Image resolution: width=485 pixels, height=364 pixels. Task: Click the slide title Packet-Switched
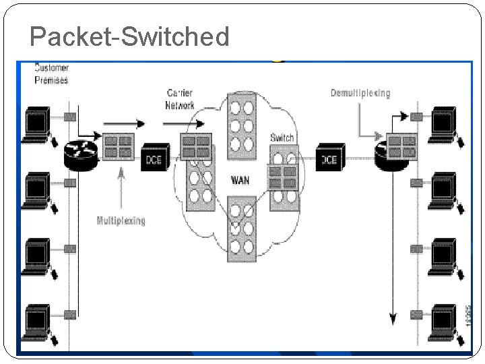tap(129, 37)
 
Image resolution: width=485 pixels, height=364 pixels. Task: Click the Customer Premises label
tap(51, 74)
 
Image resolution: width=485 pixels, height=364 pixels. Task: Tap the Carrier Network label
tap(180, 99)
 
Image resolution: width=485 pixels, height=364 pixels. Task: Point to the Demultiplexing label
tap(360, 93)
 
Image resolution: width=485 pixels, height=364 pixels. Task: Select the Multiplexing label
tap(121, 220)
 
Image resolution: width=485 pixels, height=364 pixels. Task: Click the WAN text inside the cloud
tap(240, 181)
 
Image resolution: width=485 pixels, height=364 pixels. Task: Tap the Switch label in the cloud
tap(282, 138)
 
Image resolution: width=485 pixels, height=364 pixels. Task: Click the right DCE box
tap(329, 159)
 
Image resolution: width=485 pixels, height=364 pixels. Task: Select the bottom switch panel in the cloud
tap(240, 229)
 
